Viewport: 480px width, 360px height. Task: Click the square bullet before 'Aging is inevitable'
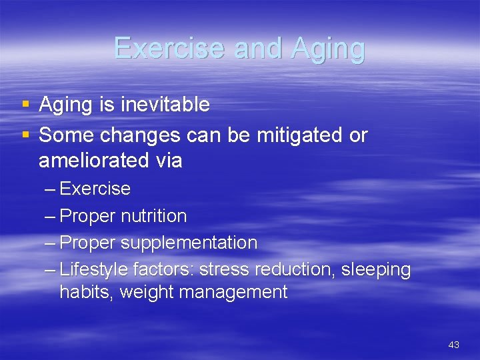(x=25, y=105)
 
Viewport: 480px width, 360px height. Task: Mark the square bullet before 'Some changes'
(x=25, y=135)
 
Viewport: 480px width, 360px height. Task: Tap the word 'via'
(x=167, y=161)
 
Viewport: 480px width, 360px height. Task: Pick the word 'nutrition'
(x=154, y=216)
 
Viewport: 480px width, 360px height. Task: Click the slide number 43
(x=454, y=345)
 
